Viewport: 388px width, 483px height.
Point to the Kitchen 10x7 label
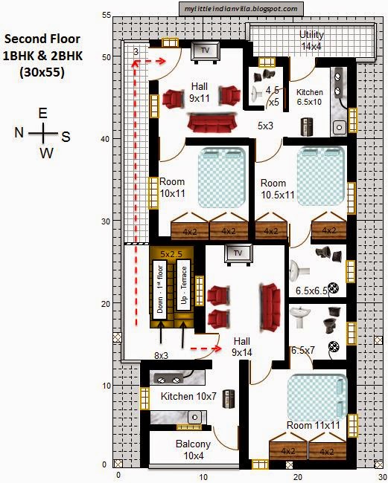188,397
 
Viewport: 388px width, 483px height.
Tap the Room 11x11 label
314,425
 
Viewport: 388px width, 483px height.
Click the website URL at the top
241,9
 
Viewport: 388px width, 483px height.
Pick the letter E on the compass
43,113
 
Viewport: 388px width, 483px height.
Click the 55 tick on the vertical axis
107,15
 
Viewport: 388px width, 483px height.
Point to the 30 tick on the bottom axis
381,476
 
